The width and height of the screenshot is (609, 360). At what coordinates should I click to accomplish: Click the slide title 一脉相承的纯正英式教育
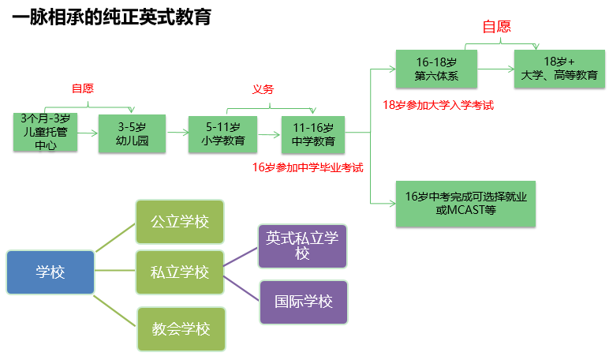click(111, 17)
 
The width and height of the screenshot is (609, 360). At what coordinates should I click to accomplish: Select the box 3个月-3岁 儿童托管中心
click(46, 133)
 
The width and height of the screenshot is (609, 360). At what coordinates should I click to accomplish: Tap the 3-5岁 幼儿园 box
click(132, 133)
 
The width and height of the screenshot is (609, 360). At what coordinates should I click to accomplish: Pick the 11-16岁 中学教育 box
click(313, 133)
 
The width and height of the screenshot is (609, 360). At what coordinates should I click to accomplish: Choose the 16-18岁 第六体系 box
click(435, 69)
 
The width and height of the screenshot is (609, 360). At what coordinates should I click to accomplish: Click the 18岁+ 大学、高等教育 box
click(559, 69)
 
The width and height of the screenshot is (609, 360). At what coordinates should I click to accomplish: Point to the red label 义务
click(263, 89)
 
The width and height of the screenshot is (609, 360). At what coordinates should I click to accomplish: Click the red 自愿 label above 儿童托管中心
click(83, 88)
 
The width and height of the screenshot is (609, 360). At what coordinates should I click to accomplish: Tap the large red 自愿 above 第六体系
click(497, 27)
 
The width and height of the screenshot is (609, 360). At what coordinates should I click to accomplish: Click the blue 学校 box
click(50, 272)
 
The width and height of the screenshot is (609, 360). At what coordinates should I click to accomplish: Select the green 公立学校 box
click(180, 222)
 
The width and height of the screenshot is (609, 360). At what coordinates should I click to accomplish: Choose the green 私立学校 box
click(180, 272)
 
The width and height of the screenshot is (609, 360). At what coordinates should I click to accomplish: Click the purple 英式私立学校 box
click(303, 246)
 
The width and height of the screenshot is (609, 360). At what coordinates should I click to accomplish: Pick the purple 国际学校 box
click(303, 302)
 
